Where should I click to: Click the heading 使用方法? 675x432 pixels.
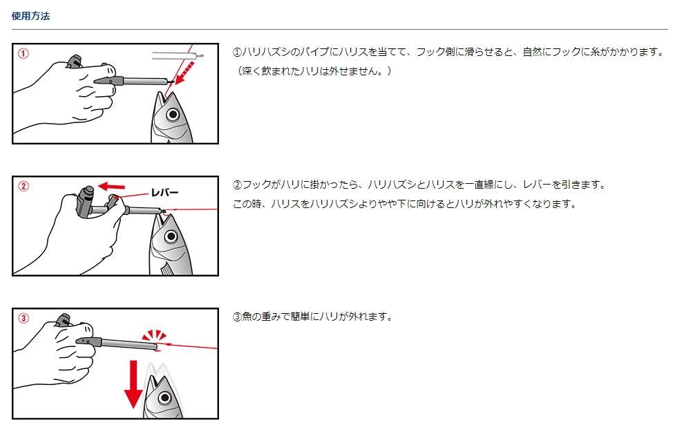(30, 16)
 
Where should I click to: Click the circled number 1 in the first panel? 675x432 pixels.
(23, 54)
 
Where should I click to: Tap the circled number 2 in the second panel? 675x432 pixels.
(23, 187)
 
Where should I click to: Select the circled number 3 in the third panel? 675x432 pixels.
(23, 318)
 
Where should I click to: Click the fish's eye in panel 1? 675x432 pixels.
(173, 115)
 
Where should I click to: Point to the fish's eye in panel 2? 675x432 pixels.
(171, 236)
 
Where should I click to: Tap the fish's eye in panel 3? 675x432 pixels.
(164, 397)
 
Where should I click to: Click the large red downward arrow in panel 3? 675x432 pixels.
(133, 384)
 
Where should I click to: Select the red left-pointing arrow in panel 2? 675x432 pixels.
(111, 187)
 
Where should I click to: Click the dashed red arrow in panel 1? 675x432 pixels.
(185, 73)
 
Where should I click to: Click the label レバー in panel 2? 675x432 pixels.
(164, 193)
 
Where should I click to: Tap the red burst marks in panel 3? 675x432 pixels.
(154, 335)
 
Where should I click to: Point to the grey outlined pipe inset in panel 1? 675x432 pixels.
(178, 55)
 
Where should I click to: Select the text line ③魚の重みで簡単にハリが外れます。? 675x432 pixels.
(313, 317)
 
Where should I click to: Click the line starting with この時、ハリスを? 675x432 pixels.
(405, 204)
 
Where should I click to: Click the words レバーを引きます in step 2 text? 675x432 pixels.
(559, 185)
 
